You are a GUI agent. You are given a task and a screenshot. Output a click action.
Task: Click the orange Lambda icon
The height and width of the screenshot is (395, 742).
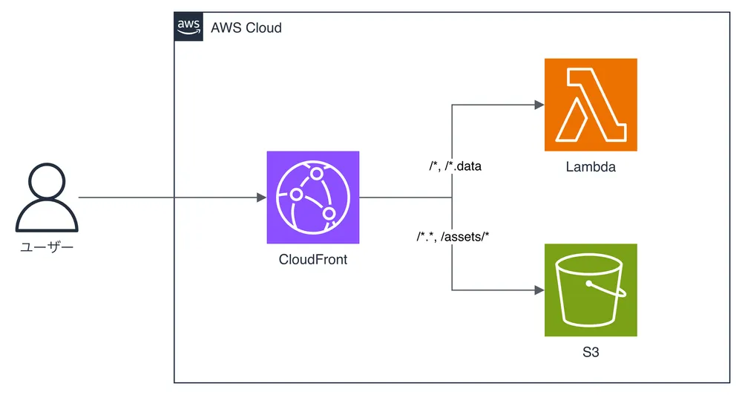click(591, 105)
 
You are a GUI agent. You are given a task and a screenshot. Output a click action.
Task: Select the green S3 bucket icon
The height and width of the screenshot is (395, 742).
click(591, 290)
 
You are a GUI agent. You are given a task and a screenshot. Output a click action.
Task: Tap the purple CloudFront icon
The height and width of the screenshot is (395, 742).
click(313, 197)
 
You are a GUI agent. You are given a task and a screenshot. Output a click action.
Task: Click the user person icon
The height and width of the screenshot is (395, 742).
click(47, 199)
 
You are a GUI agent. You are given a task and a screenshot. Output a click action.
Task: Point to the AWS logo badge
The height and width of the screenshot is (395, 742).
click(189, 26)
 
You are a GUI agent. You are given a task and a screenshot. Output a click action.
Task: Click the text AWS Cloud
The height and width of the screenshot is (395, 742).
click(246, 27)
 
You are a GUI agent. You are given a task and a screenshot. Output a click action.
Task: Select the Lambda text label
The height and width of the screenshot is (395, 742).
click(591, 167)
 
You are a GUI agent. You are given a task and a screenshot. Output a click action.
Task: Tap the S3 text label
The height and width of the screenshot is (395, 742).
click(591, 352)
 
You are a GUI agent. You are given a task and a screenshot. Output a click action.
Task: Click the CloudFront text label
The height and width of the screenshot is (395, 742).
click(313, 259)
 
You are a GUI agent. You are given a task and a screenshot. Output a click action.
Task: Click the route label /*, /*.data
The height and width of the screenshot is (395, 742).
click(455, 166)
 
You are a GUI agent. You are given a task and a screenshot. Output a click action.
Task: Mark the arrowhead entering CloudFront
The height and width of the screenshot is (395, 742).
click(261, 197)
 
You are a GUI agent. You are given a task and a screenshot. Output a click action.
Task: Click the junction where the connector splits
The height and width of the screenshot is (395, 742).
click(452, 197)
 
